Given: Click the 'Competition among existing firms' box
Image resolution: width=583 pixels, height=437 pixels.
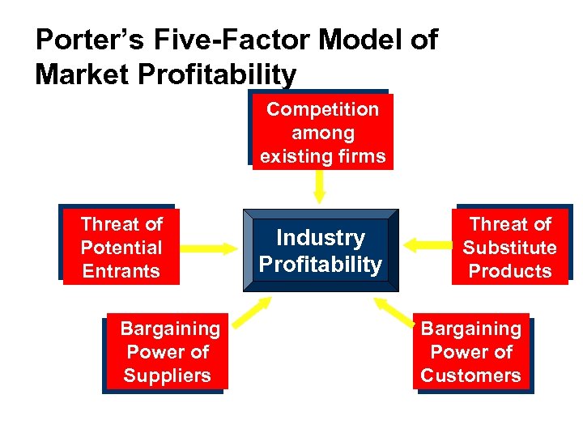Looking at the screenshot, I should pyautogui.click(x=322, y=132).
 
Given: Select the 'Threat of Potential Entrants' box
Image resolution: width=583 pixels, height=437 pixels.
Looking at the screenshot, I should pyautogui.click(x=121, y=247).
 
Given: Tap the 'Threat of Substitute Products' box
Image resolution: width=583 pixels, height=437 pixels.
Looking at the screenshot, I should pyautogui.click(x=509, y=247).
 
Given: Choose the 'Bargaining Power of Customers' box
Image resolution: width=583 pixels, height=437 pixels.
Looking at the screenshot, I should pyautogui.click(x=471, y=352).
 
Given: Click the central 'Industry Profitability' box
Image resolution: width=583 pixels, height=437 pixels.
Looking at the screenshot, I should pyautogui.click(x=320, y=250).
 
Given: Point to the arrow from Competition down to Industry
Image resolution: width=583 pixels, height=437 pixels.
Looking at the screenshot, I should pyautogui.click(x=320, y=186).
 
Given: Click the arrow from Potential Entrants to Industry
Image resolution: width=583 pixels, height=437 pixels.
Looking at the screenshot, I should pyautogui.click(x=206, y=248).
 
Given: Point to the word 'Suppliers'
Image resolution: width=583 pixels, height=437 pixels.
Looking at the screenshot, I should pyautogui.click(x=167, y=375).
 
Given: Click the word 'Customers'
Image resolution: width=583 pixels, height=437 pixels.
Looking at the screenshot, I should pyautogui.click(x=471, y=375).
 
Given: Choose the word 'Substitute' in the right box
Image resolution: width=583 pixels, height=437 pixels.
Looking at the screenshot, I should pyautogui.click(x=509, y=248).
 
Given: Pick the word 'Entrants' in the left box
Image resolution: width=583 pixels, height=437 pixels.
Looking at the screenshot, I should pyautogui.click(x=121, y=271).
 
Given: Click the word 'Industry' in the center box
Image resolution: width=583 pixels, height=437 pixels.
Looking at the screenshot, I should pyautogui.click(x=321, y=237).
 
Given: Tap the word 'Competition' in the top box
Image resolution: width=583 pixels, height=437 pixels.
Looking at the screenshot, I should pyautogui.click(x=322, y=108).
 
